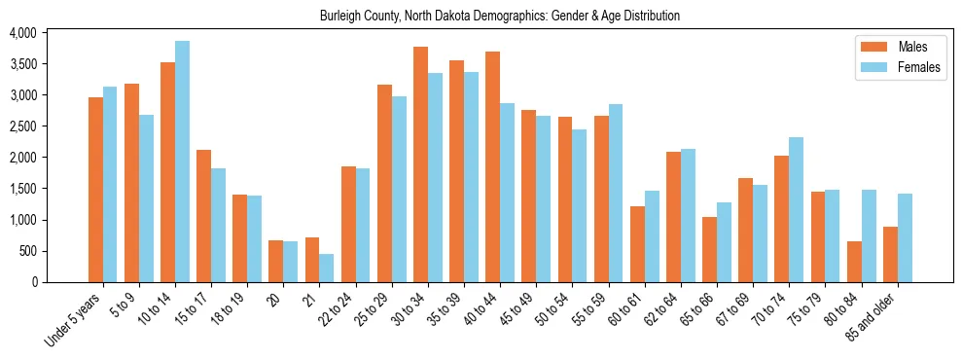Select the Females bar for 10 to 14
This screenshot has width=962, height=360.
click(183, 162)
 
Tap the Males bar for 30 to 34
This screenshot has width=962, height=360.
click(421, 164)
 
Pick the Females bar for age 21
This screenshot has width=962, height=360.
click(327, 268)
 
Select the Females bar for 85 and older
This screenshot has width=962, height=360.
click(905, 237)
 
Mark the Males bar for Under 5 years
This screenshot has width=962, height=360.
click(96, 190)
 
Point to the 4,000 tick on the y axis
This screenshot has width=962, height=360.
click(22, 33)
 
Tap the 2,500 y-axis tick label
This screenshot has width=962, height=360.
click(22, 126)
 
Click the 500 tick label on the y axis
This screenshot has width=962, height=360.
click(26, 251)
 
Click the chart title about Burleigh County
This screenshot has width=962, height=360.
click(500, 16)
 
